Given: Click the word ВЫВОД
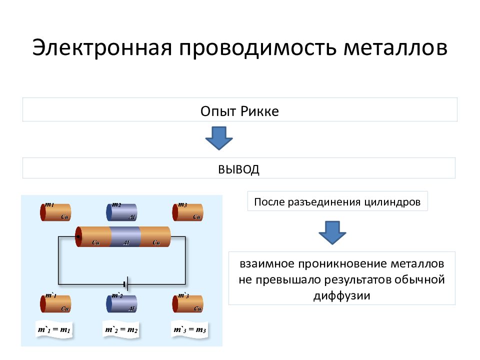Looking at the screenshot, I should pyautogui.click(x=238, y=169).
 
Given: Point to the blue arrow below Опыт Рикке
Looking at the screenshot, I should pyautogui.click(x=219, y=138).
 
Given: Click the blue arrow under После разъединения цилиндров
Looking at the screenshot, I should pyautogui.click(x=332, y=231).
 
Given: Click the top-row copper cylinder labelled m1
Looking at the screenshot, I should pyautogui.click(x=55, y=212).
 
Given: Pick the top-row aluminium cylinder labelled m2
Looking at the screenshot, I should pyautogui.click(x=121, y=212).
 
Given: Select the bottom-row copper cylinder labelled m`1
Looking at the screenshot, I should pyautogui.click(x=55, y=303).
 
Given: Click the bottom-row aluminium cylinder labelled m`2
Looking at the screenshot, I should pyautogui.click(x=121, y=303).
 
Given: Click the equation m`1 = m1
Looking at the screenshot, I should pyautogui.click(x=54, y=330).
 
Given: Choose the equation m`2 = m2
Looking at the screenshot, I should pyautogui.click(x=120, y=330).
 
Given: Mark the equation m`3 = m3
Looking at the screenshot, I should pyautogui.click(x=189, y=330).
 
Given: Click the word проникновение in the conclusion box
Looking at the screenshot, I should pyautogui.click(x=331, y=263).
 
